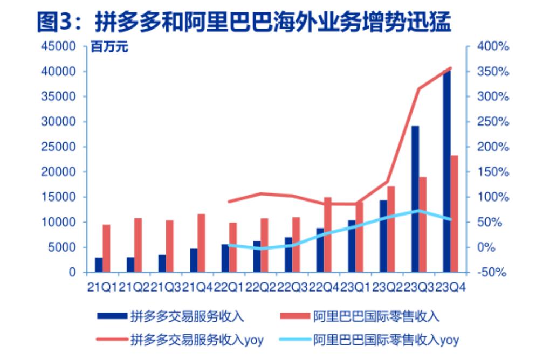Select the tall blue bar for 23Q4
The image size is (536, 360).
pyautogui.click(x=447, y=172)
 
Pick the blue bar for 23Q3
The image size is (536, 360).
pyautogui.click(x=415, y=199)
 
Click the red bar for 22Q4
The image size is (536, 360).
pyautogui.click(x=328, y=235)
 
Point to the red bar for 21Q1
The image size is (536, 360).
pyautogui.click(x=106, y=248)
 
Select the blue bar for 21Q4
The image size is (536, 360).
pyautogui.click(x=194, y=260)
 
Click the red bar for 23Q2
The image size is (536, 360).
pyautogui.click(x=391, y=229)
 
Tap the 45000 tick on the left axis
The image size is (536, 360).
pyautogui.click(x=59, y=47)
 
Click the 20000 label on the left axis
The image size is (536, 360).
pyautogui.click(x=59, y=172)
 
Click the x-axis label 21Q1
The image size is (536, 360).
pyautogui.click(x=102, y=286)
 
